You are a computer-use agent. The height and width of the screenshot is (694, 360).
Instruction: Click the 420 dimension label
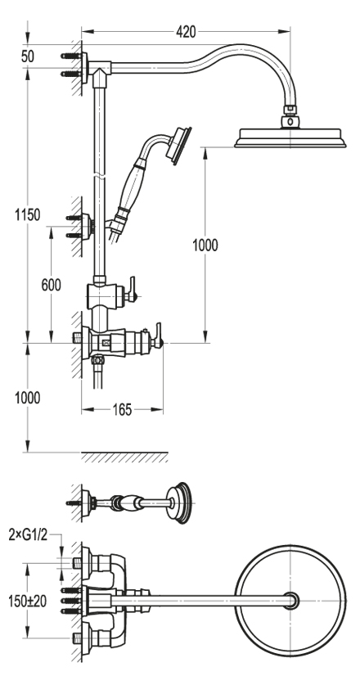186,32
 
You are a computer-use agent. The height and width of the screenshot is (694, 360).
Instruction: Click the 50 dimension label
28,56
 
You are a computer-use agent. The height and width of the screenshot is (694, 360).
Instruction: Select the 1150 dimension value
28,215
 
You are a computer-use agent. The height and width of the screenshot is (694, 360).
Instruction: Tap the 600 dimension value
52,286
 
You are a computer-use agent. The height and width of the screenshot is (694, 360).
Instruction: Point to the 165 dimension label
122,410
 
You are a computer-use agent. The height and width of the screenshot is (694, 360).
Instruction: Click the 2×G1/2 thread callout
28,535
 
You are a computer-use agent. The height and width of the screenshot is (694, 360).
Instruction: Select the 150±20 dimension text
27,601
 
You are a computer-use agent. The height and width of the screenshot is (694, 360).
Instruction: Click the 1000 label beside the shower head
205,245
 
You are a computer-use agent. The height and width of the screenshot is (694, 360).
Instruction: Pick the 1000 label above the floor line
28,398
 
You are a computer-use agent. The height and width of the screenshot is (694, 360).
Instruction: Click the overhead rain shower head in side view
290,137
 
